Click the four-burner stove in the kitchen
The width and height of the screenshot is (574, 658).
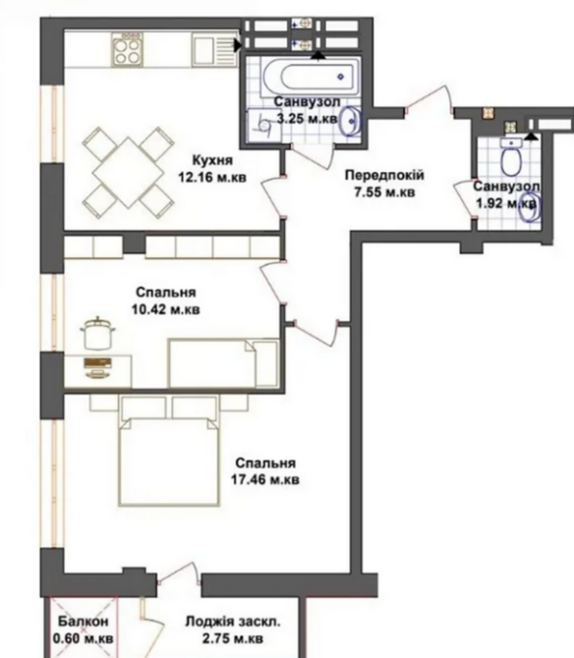coord(128,48)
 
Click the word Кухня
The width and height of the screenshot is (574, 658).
coord(212,160)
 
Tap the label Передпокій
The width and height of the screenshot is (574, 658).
coord(383,175)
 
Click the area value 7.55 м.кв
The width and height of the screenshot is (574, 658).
coord(383,192)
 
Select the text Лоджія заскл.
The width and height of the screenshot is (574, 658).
coord(232,622)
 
